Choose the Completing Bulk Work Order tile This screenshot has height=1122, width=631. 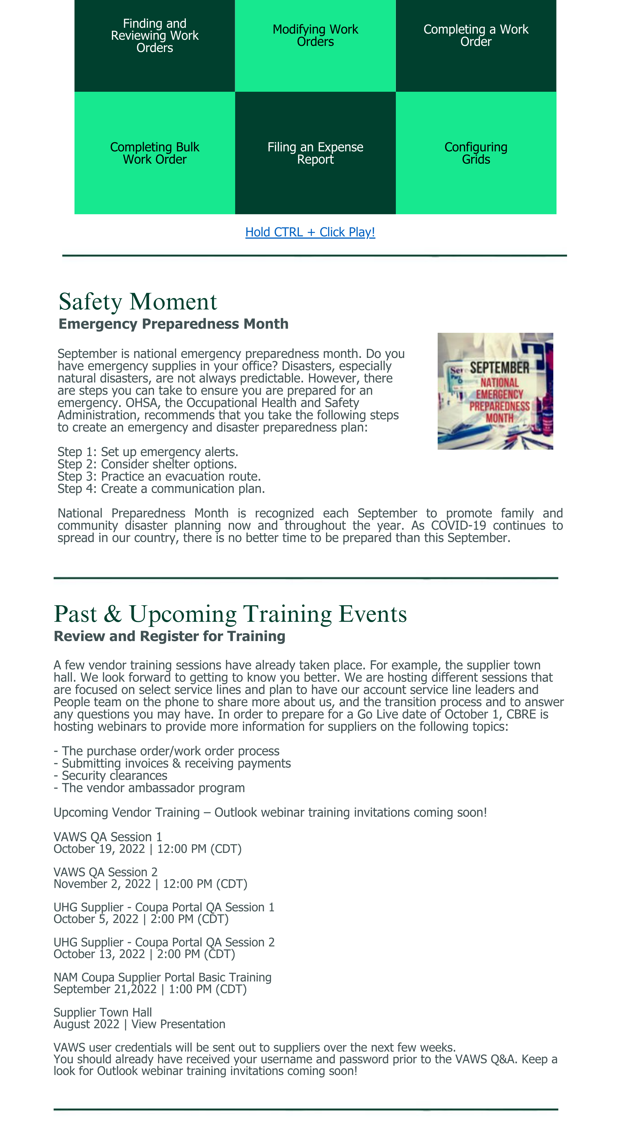tap(155, 153)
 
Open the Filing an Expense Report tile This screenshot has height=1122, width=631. tap(315, 153)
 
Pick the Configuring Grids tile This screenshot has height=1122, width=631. tap(476, 153)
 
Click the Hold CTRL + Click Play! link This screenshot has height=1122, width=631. tap(310, 232)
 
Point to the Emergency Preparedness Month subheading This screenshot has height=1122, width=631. tap(173, 324)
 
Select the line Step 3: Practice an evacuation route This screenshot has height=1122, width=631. tap(159, 477)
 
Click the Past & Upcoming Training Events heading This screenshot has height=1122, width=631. tap(230, 614)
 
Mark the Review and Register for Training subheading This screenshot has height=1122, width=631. tap(169, 636)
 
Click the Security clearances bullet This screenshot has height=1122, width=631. tap(114, 776)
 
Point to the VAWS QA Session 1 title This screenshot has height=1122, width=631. tap(108, 837)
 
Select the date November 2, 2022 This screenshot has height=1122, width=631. tap(102, 884)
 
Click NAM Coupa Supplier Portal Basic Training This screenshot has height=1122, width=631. tap(162, 977)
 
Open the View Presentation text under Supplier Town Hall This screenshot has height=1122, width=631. tap(178, 1024)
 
